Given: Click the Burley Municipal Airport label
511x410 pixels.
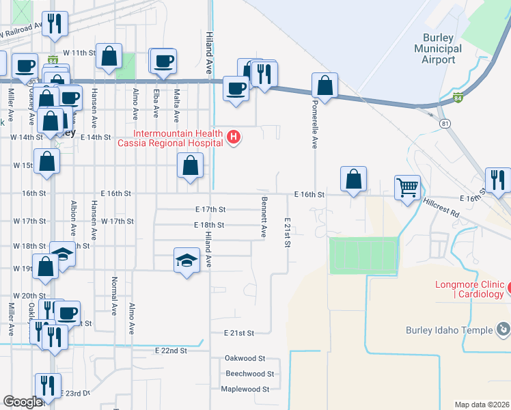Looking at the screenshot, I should pos(438,49).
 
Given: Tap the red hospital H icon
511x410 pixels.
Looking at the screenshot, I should pos(234,137).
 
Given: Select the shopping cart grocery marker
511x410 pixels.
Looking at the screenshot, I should pos(408,187).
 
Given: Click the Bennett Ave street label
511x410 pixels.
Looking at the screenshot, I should pos(263,217).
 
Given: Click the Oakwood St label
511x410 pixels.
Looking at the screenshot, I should pos(244,358).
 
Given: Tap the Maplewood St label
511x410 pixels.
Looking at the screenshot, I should pos(245,389).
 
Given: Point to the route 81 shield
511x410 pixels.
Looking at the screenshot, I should pos(445,123).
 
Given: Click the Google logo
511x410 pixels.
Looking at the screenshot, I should pos(23,402).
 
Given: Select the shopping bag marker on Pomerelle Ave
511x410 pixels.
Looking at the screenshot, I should pos(325,86).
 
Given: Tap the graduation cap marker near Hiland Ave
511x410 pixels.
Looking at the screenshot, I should pos(187,261).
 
